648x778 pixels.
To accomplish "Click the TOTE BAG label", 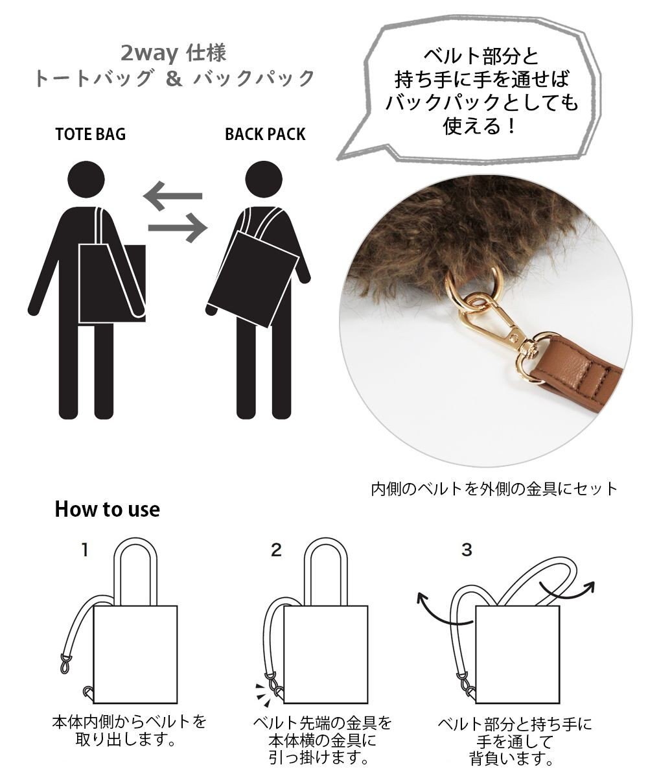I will (91, 135).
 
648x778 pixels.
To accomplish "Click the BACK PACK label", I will (265, 135).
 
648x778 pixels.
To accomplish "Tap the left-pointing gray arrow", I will (172, 196).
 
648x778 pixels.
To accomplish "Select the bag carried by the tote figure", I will (111, 284).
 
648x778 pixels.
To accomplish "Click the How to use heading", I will (107, 510).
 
